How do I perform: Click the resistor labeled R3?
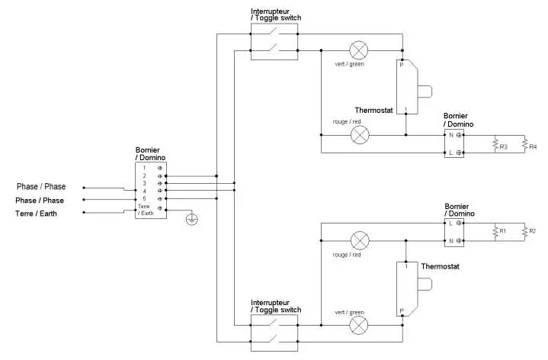495,144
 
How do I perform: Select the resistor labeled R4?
524,144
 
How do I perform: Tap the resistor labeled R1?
495,231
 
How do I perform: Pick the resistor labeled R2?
524,231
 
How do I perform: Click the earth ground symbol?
192,220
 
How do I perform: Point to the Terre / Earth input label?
36,214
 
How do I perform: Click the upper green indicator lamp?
359,51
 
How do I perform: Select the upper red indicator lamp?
359,135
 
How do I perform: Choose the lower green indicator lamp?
359,326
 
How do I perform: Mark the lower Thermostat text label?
439,267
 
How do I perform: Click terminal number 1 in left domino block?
145,167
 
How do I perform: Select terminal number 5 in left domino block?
145,199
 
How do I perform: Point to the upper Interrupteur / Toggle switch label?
275,14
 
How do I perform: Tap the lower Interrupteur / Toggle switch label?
275,306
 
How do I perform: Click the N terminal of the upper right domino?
450,135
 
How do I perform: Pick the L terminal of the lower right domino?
450,223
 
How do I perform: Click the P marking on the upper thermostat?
402,66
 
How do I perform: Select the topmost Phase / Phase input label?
41,187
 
